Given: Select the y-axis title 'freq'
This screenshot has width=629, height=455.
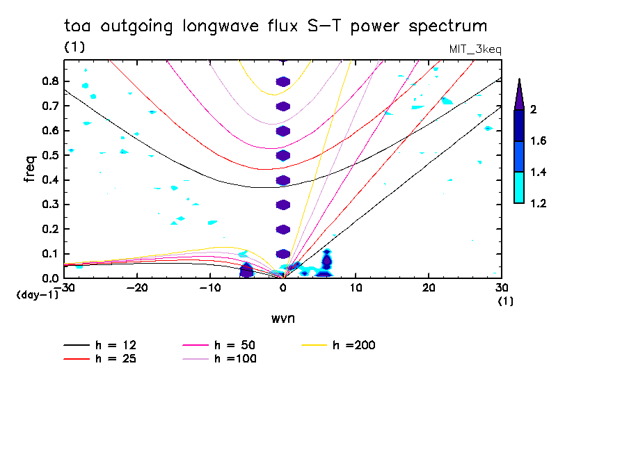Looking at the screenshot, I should pos(29,168).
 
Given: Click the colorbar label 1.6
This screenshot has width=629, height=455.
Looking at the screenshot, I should pos(538,141).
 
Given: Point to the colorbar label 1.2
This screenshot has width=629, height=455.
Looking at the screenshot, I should pos(538,203).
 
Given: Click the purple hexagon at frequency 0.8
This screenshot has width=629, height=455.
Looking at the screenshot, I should pos(282,81).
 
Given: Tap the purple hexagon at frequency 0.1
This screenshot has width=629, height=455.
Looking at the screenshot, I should pos(282,254).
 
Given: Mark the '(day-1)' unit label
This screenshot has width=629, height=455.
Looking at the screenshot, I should pos(37,295).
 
